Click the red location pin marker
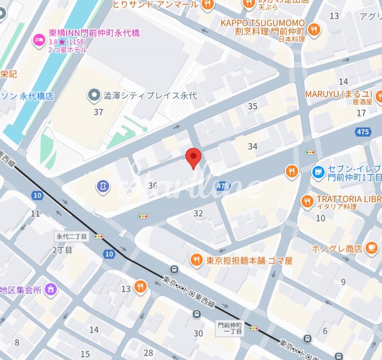click(x=194, y=158)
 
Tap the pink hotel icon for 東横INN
click(x=38, y=39)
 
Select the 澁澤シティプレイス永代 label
click(x=150, y=95)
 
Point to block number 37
click(x=98, y=112)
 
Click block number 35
click(x=252, y=107)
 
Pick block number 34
click(x=252, y=146)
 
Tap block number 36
click(x=153, y=185)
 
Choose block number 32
click(x=198, y=213)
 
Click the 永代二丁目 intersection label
click(x=72, y=236)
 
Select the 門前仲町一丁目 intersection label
click(x=229, y=327)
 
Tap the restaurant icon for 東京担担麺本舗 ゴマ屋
click(x=197, y=260)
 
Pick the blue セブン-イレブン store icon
click(x=318, y=171)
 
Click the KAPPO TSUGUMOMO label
click(x=262, y=23)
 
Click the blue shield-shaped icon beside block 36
click(x=103, y=186)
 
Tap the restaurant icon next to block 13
click(x=140, y=287)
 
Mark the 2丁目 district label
click(x=62, y=250)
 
